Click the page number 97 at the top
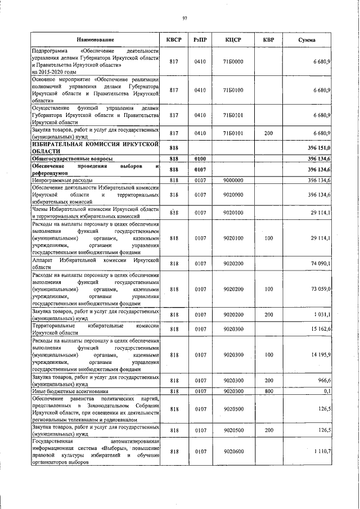point(184,19)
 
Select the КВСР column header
point(174,40)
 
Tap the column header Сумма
point(307,40)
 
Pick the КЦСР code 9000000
point(233,180)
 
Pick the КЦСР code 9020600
point(233,451)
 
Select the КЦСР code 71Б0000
point(233,61)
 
